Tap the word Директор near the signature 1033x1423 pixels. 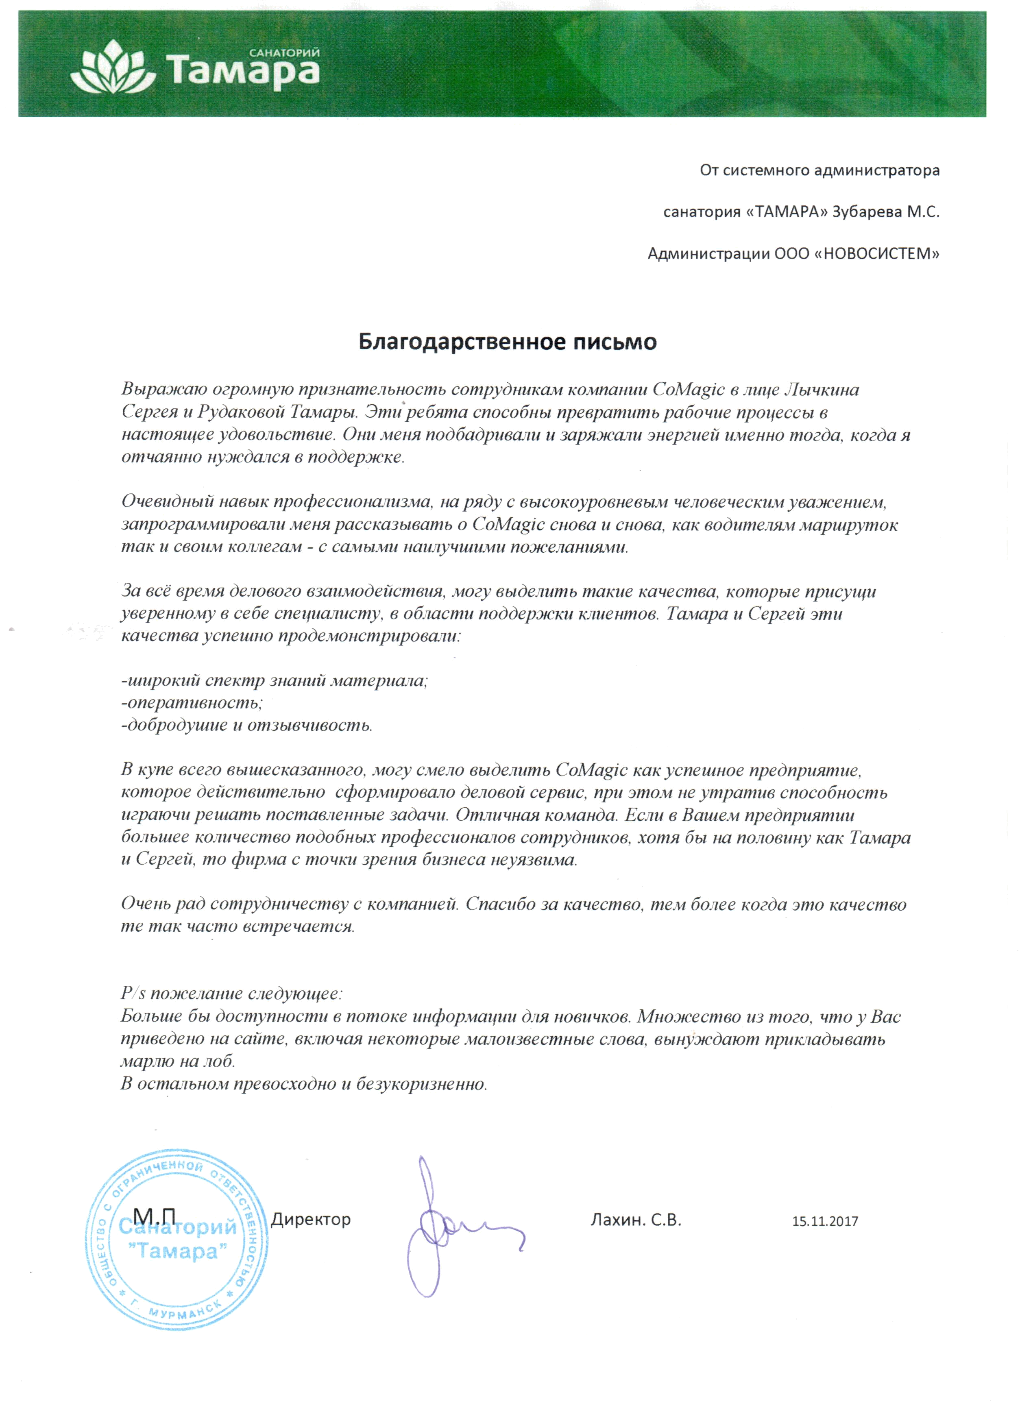click(311, 1220)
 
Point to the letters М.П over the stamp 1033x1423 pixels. click(156, 1215)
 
